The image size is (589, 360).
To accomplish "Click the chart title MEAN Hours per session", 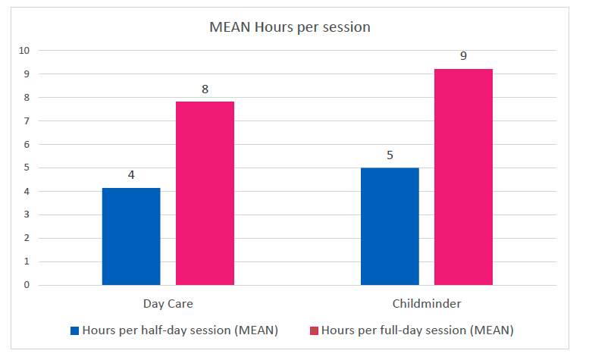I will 290,28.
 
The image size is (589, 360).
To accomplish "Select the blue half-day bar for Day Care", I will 131,236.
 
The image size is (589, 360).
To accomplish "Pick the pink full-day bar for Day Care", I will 205,193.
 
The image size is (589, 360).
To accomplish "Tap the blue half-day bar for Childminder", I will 390,227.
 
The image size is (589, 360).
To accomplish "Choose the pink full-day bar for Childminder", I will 463,177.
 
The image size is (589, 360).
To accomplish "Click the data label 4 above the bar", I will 131,175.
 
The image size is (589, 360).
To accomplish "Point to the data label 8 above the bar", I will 205,89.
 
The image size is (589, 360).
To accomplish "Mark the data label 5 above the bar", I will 390,155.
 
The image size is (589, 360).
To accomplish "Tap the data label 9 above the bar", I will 463,56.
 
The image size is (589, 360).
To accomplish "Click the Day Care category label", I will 168,304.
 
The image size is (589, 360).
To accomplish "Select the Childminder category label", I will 427,304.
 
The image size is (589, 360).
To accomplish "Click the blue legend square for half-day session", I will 74,330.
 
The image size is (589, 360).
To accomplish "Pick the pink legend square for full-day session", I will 314,330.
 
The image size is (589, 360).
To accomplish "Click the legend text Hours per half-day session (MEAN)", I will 180,330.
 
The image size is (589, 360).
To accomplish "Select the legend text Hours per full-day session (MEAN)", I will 417,330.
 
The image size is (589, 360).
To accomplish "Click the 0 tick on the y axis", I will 26,286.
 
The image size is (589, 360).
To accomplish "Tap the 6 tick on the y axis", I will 26,145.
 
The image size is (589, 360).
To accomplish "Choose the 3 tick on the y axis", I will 26,215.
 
